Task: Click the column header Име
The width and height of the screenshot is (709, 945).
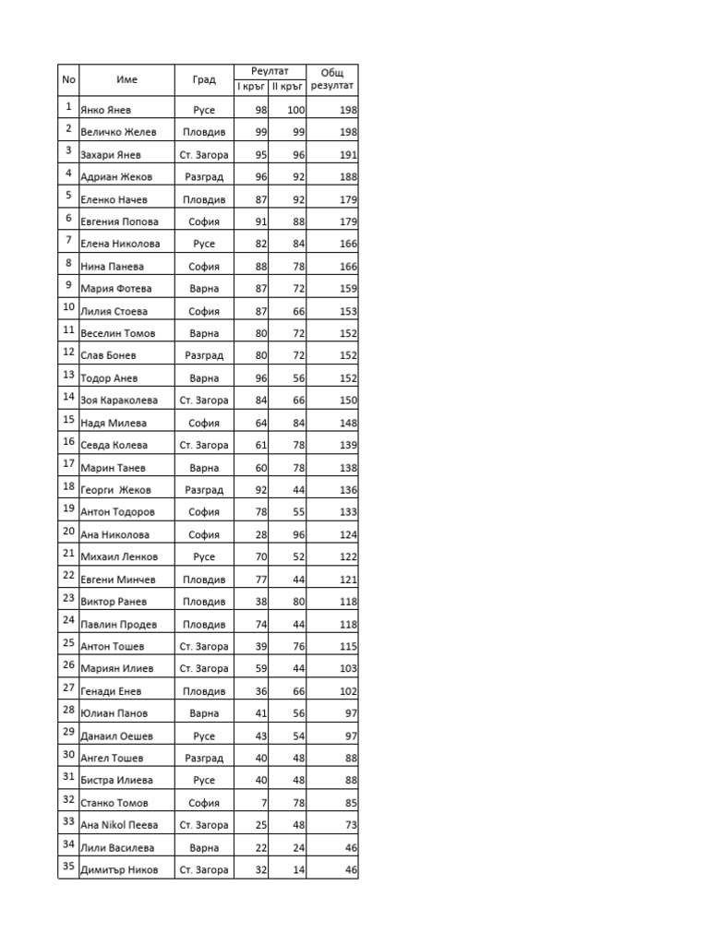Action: [x=126, y=79]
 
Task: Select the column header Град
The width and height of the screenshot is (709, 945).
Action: [x=204, y=79]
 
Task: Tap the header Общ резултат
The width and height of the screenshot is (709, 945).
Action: [x=331, y=79]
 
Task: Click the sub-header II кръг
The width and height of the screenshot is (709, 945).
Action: [x=288, y=87]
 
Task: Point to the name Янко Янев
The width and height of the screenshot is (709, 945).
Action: [x=106, y=110]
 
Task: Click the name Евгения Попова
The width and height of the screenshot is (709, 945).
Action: [x=119, y=221]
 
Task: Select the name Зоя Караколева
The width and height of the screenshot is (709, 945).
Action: [x=119, y=401]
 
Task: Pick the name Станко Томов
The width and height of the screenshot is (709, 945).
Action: [x=114, y=803]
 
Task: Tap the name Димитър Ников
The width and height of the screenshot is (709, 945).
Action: [x=119, y=870]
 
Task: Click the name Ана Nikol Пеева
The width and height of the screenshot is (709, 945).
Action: [x=119, y=825]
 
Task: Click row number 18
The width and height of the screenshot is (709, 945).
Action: [x=68, y=486]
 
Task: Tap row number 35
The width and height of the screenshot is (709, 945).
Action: [x=68, y=867]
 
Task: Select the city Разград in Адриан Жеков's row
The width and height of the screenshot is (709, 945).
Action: [x=204, y=177]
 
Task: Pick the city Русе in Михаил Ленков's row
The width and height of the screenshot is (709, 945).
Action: [x=204, y=557]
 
